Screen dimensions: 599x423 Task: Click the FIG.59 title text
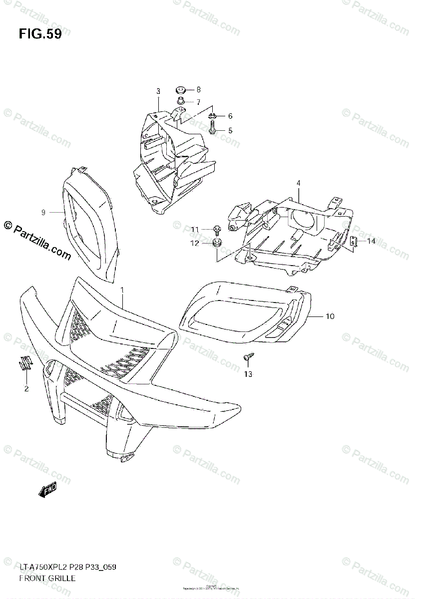40,34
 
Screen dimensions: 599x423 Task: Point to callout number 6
230,116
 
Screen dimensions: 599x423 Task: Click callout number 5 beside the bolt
230,131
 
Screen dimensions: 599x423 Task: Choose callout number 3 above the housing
158,91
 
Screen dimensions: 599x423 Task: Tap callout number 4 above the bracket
298,183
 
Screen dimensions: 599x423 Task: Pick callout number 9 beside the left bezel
43,213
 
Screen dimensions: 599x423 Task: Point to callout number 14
371,242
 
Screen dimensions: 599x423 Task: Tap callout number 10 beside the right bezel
330,316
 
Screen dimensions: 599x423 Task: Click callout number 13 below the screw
248,374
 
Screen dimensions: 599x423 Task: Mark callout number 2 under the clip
26,388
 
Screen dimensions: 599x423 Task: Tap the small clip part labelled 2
25,364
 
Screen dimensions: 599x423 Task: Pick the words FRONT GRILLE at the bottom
47,579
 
